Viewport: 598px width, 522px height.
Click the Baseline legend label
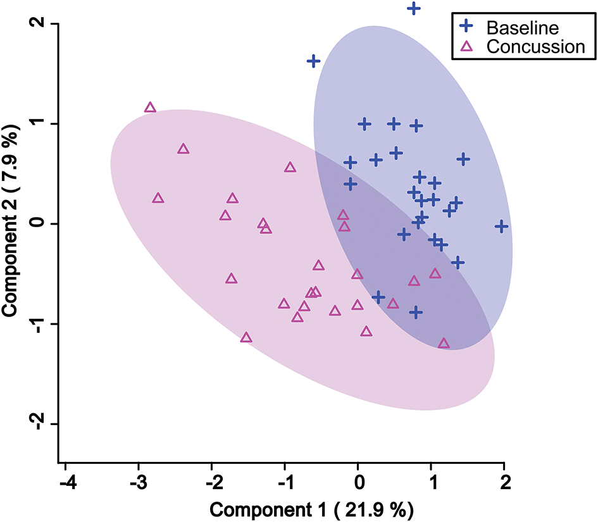click(x=523, y=28)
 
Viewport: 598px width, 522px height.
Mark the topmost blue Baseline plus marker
click(x=414, y=8)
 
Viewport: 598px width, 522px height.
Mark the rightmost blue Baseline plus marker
click(x=502, y=226)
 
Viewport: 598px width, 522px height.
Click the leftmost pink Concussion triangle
click(x=150, y=108)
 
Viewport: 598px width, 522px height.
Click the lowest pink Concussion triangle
click(x=444, y=344)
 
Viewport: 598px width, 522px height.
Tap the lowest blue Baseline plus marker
click(x=416, y=312)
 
